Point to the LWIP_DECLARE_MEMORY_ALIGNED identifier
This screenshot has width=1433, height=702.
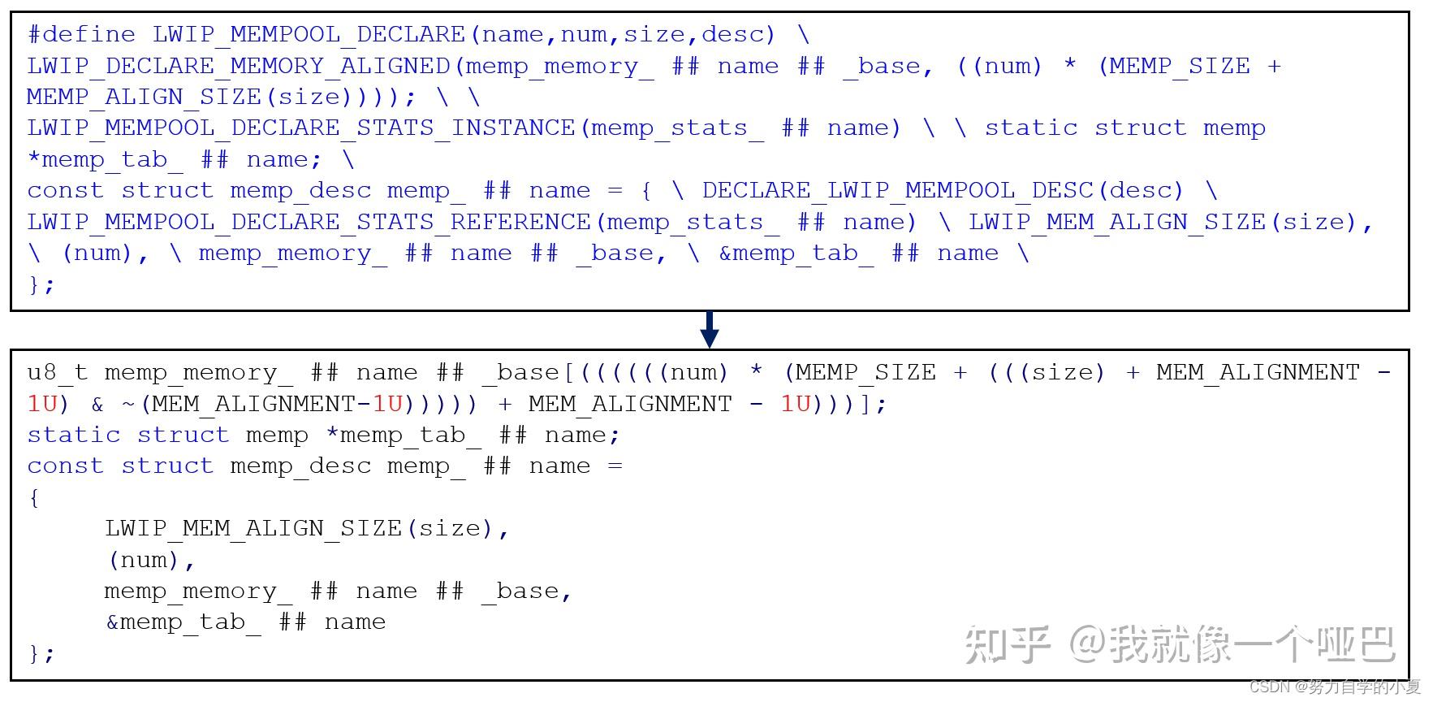(x=239, y=67)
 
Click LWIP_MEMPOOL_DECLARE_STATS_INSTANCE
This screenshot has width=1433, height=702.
(x=301, y=128)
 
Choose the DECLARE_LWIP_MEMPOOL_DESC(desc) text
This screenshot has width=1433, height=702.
(x=943, y=191)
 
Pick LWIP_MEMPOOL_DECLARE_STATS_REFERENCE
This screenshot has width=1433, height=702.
(x=309, y=223)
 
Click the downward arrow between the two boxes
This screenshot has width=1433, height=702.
(x=709, y=330)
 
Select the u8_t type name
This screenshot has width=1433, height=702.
(x=57, y=373)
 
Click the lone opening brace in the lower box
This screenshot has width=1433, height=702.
(x=33, y=498)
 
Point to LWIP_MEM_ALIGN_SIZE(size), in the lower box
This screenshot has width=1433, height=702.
(x=307, y=529)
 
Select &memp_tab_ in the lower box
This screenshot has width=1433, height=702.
(x=183, y=622)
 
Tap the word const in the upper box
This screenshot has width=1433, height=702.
(x=65, y=191)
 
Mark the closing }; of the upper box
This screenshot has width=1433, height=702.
(x=41, y=285)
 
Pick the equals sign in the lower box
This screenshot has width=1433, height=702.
(x=615, y=466)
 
